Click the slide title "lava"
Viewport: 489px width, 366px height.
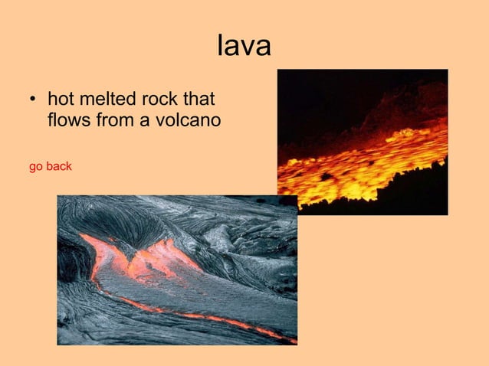point(244,46)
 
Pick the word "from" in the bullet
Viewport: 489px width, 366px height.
point(115,121)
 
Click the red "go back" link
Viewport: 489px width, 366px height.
point(50,166)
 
